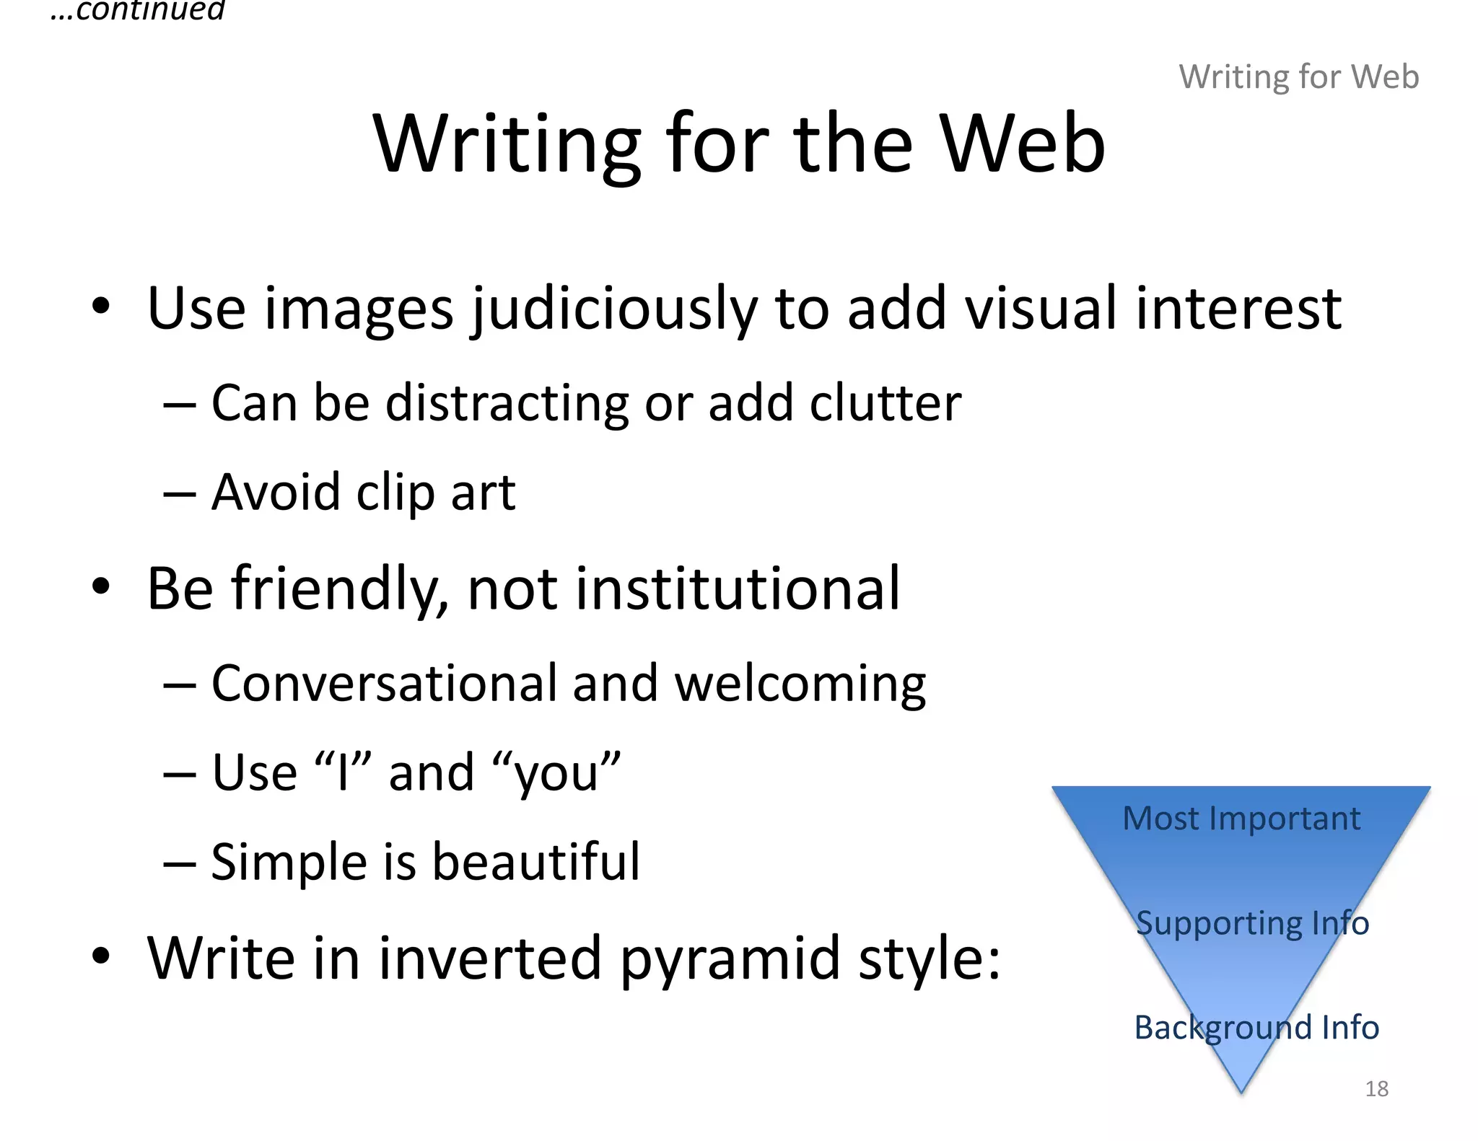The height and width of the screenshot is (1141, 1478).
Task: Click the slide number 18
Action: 1376,1088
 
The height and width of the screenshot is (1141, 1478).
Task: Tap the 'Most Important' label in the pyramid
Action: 1241,819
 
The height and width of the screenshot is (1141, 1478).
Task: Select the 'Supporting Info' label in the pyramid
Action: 1252,923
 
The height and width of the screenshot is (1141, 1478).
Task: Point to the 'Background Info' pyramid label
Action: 1256,1027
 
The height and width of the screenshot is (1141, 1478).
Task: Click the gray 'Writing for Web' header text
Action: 1298,76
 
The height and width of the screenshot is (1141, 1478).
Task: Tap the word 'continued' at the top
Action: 150,10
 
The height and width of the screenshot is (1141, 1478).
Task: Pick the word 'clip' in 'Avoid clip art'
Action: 395,493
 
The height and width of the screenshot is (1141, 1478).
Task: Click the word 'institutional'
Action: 683,589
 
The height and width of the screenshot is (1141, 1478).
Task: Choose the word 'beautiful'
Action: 535,862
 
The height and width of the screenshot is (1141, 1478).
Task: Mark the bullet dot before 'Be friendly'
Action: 101,587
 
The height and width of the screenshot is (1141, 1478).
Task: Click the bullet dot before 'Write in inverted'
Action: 101,956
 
